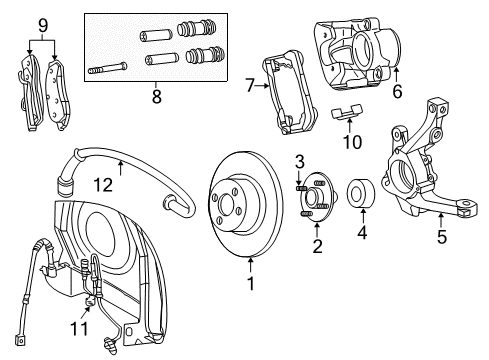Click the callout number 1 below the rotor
251,283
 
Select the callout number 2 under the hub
317,246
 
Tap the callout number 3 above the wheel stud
299,161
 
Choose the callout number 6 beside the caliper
397,91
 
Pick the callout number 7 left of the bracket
251,88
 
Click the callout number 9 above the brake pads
41,24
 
